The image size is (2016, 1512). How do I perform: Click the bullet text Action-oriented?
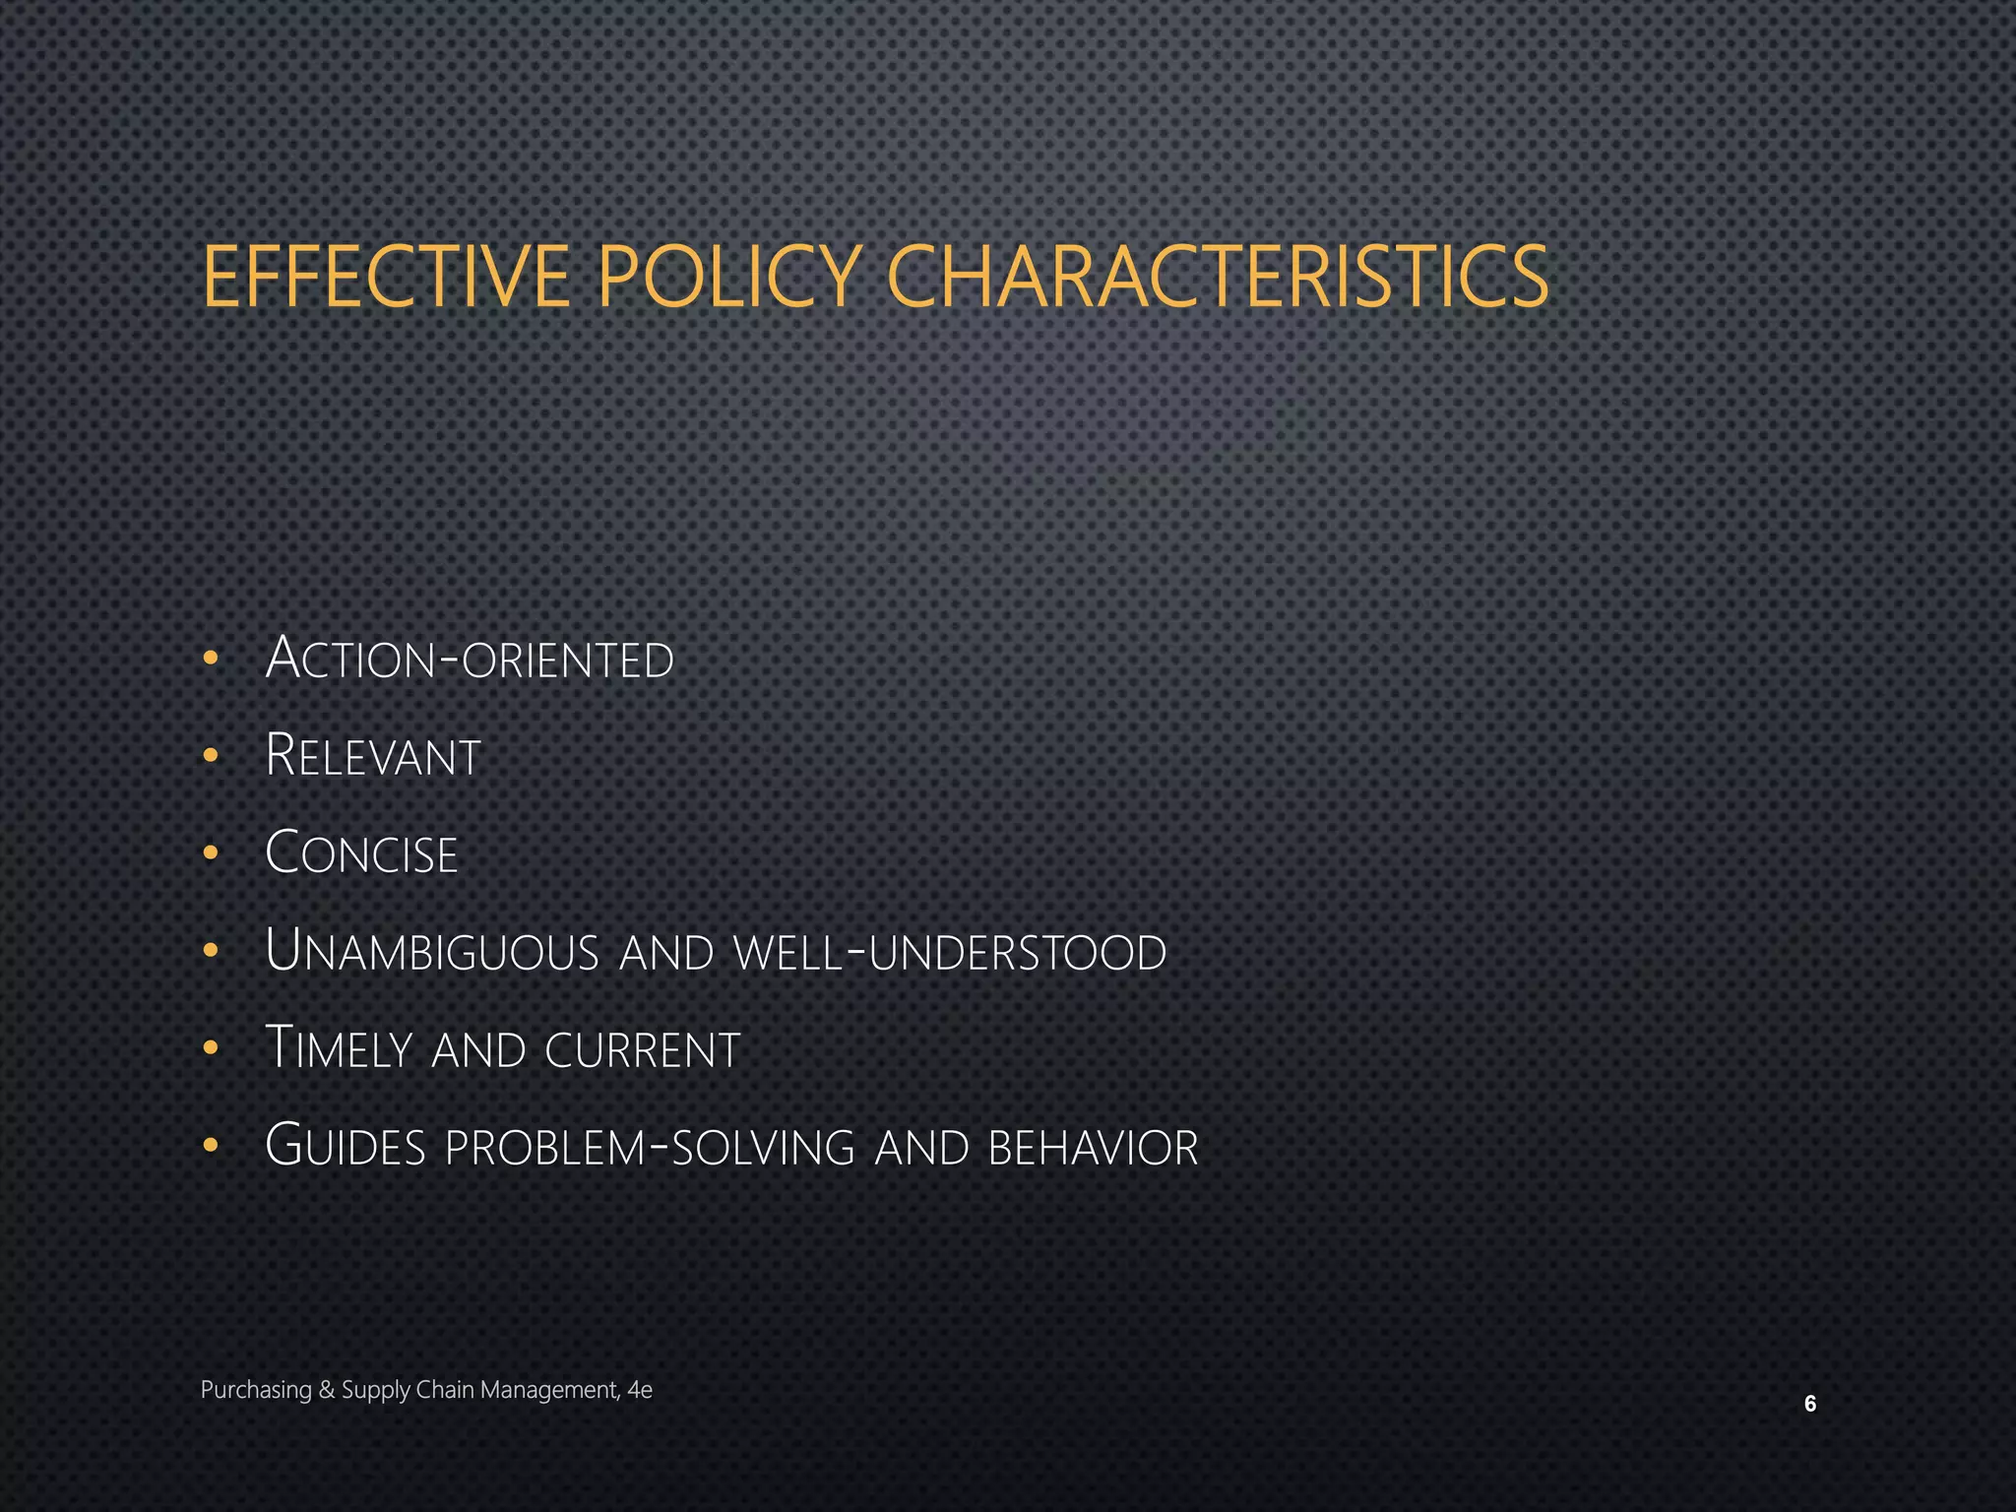pos(470,659)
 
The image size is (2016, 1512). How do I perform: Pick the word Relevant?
pos(373,756)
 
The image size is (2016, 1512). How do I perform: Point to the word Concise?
pos(362,853)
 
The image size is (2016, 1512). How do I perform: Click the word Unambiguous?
pos(432,952)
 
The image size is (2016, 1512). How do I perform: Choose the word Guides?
pos(346,1147)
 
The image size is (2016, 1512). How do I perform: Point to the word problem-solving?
pos(651,1147)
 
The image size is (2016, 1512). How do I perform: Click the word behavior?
pos(1093,1147)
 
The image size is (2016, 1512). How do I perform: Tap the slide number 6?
pos(1809,1404)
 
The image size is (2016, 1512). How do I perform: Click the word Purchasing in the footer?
pos(256,1390)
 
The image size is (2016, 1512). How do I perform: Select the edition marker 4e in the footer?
pos(640,1390)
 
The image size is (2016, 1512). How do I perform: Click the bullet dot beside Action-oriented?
pos(210,660)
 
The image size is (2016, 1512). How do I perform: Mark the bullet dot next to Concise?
pos(210,853)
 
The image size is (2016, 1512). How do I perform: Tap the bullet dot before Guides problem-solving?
pos(210,1146)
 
